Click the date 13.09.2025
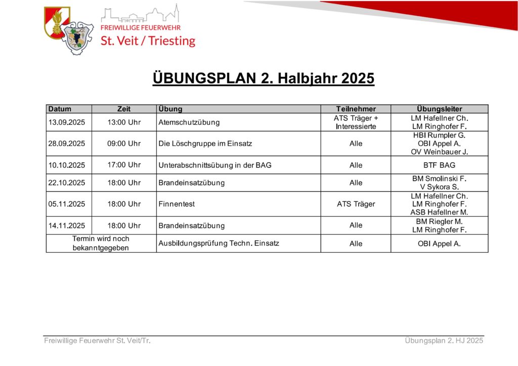point(67,122)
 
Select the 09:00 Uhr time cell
point(124,144)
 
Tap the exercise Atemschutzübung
point(189,122)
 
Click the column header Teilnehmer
point(356,109)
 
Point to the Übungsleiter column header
point(440,109)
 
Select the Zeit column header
point(124,109)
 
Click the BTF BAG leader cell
point(440,165)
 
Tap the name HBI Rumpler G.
point(440,135)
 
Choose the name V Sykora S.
point(440,187)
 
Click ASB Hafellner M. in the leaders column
point(440,212)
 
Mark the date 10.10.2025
point(67,165)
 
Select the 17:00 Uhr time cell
point(124,165)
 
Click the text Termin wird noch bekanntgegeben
point(101,243)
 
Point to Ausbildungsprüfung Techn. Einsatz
point(219,244)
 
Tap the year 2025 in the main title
point(358,78)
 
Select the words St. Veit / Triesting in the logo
point(148,40)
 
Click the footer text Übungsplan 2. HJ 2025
point(444,341)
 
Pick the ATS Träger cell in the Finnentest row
point(356,204)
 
